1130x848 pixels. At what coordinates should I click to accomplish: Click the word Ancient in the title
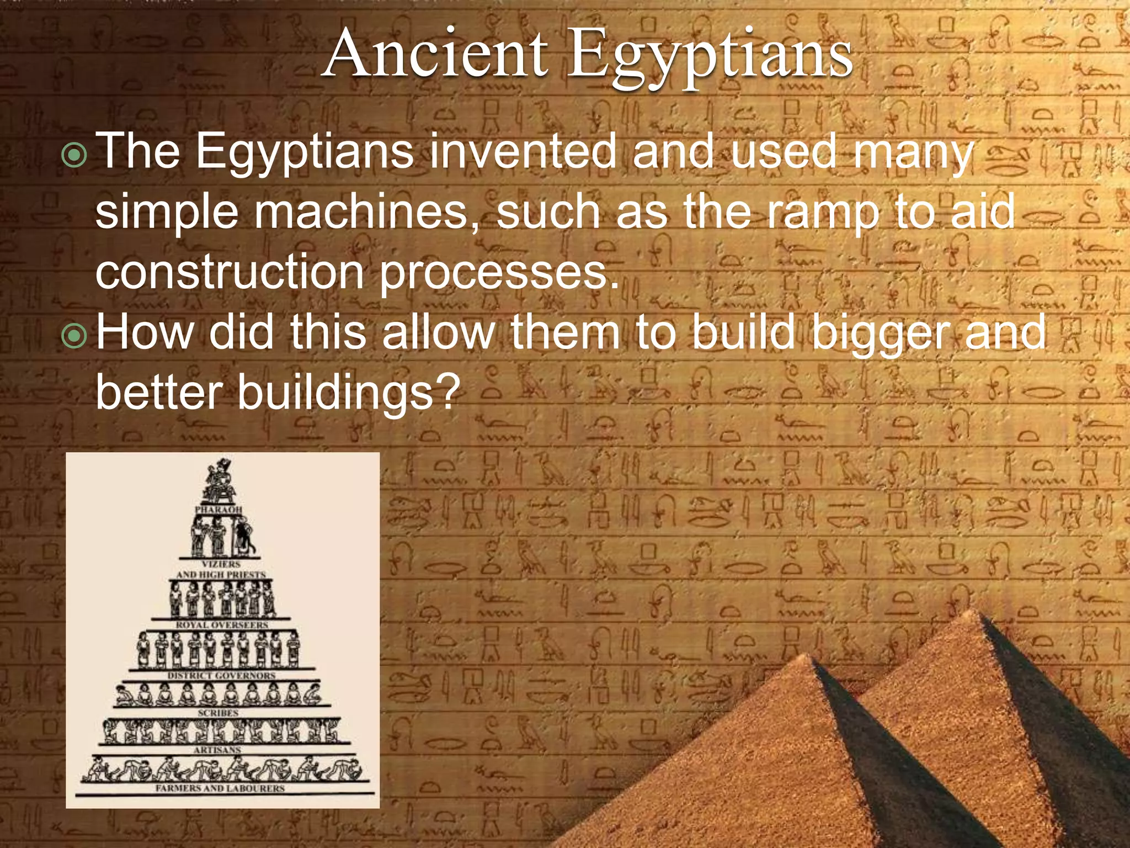[436, 54]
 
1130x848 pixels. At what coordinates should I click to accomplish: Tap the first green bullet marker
[74, 155]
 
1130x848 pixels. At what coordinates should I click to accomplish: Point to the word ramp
[822, 213]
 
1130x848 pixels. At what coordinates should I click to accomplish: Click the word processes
[499, 273]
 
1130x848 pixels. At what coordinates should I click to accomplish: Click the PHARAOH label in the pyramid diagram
[218, 508]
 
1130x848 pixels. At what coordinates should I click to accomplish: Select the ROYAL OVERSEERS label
[222, 624]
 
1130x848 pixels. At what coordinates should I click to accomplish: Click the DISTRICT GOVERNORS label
[221, 675]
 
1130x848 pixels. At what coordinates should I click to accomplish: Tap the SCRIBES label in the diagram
[218, 713]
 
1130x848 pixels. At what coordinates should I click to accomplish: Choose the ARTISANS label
[217, 750]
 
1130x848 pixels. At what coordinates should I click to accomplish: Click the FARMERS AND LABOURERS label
[220, 788]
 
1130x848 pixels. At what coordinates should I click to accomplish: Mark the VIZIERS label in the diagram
[221, 564]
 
